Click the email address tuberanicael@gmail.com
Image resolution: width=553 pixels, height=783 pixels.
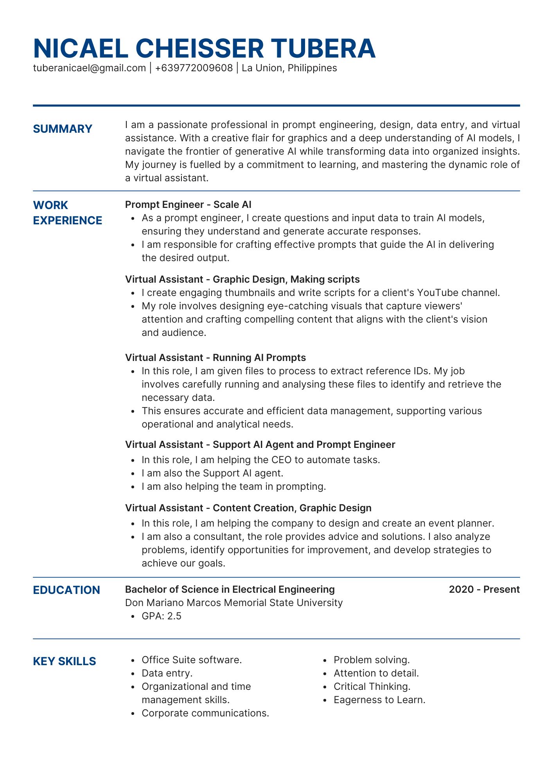90,68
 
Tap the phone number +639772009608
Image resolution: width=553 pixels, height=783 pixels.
194,68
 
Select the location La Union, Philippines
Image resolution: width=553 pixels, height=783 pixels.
289,68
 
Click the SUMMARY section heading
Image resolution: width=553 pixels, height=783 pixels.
63,129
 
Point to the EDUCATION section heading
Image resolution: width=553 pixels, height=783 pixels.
66,590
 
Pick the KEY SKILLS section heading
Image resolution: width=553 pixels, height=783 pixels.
65,661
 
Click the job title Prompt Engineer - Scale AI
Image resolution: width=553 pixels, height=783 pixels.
188,205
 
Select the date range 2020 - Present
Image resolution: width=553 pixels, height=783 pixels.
484,590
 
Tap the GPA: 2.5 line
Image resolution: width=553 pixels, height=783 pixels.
162,616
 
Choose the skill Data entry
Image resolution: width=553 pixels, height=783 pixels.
167,673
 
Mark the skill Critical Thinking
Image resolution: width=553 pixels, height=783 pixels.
372,687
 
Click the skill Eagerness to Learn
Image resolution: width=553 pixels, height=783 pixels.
379,700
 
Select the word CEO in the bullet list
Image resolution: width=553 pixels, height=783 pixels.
281,460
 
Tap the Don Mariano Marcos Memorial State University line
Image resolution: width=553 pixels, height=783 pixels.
234,603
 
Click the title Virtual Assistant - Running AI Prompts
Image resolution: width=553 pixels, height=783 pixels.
215,358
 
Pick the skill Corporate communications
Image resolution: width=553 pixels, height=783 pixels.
205,713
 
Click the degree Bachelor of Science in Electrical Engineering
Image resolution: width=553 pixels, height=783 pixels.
230,590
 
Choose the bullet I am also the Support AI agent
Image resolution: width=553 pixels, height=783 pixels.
212,473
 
